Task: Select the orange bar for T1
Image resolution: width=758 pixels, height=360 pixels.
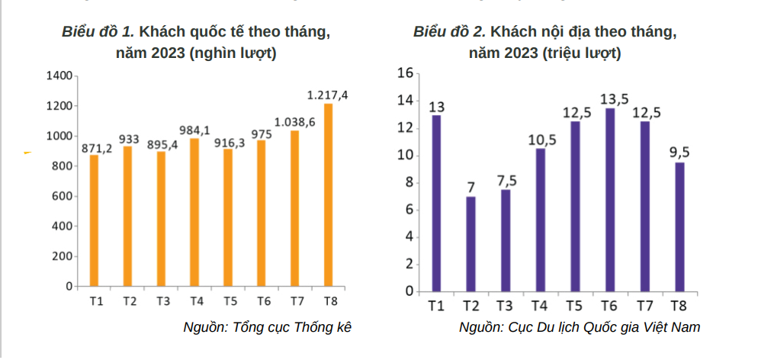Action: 95,221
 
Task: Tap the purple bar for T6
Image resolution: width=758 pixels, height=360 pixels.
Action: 609,200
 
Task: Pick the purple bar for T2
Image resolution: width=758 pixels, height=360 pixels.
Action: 471,244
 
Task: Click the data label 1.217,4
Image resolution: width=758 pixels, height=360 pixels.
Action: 327,95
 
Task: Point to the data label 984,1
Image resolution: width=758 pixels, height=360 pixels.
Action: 194,129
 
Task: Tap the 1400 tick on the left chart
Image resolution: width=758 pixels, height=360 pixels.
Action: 58,76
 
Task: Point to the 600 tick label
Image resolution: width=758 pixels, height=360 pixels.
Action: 61,196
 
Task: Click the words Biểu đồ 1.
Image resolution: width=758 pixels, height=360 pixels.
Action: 98,32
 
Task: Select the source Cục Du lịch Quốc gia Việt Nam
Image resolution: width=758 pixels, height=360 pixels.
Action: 602,327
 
